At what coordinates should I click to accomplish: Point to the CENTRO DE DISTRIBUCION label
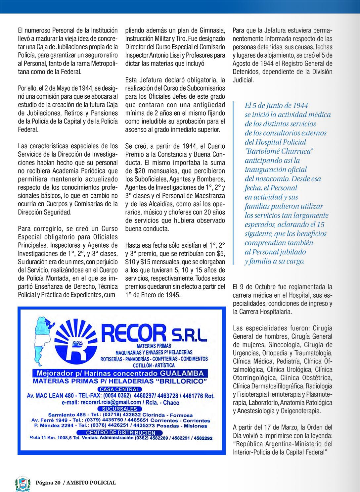point(120,432)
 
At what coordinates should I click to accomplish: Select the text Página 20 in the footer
point(48,483)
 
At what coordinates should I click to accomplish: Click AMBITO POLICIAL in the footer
point(91,483)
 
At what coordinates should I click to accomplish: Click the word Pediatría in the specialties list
point(285,361)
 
